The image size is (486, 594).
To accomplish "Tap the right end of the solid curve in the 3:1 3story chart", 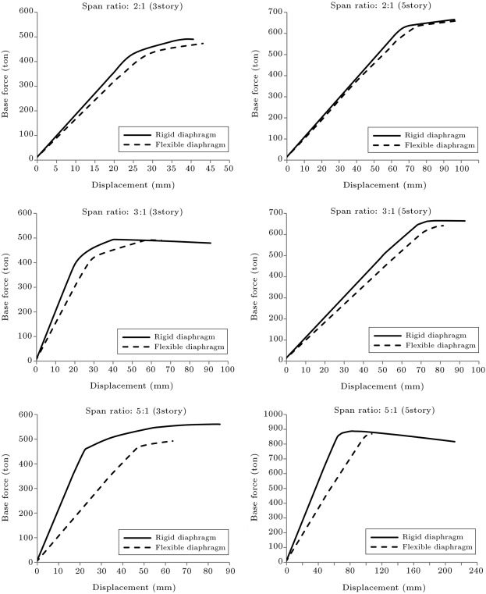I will click(211, 243).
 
